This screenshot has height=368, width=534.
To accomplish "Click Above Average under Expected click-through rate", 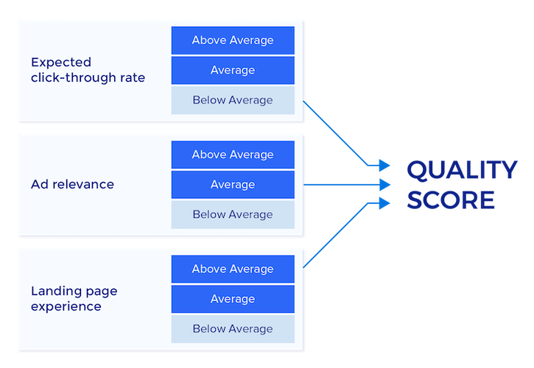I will tap(233, 40).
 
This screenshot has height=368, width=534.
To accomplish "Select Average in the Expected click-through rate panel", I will tap(233, 71).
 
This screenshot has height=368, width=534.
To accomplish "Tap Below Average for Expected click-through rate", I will tap(233, 100).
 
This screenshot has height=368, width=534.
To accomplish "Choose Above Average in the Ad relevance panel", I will tap(233, 155).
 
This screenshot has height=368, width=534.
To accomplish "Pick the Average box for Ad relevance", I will tap(233, 185).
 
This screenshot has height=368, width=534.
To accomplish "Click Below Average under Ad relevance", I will tap(233, 215).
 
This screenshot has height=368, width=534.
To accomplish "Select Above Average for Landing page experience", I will tap(233, 269).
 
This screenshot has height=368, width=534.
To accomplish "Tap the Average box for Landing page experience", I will tap(233, 300).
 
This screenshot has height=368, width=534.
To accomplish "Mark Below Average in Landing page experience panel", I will tap(233, 329).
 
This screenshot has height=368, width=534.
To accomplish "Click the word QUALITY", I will tap(462, 171).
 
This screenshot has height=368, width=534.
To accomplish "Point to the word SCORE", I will tap(450, 200).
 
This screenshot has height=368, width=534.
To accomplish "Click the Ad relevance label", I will tap(72, 184).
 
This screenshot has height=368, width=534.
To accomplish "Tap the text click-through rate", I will tap(88, 78).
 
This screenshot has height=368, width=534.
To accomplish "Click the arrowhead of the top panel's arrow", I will tap(383, 166).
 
